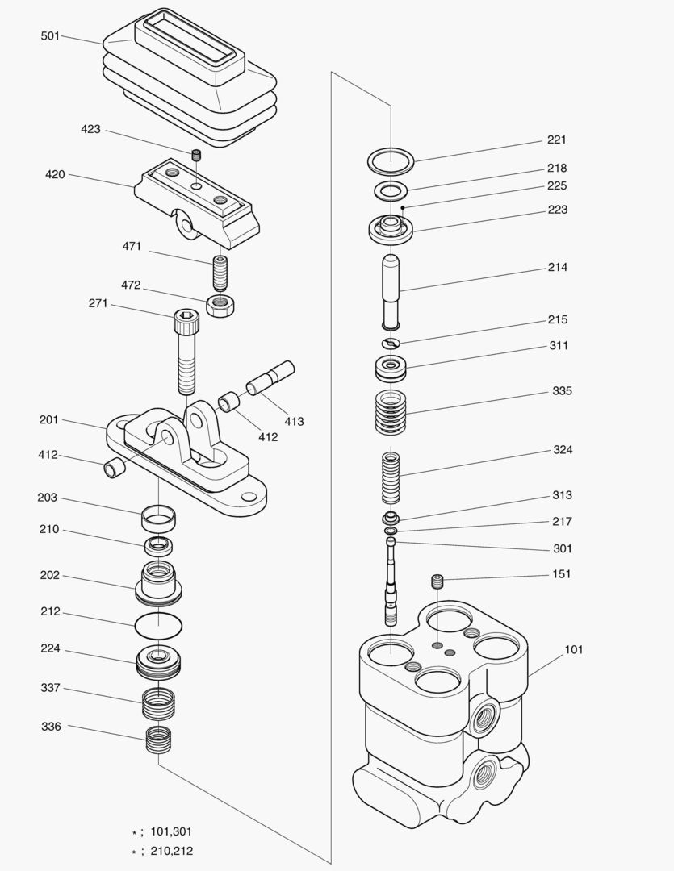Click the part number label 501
pyautogui.click(x=50, y=36)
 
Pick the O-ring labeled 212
pyautogui.click(x=158, y=623)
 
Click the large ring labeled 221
pyautogui.click(x=391, y=159)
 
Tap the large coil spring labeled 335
pyautogui.click(x=391, y=413)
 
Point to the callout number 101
pyautogui.click(x=574, y=649)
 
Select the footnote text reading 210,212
pyautogui.click(x=171, y=851)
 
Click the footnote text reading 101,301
pyautogui.click(x=171, y=831)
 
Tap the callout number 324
pyautogui.click(x=563, y=449)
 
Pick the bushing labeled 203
pyautogui.click(x=158, y=514)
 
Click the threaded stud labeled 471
pyautogui.click(x=220, y=273)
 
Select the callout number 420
pyautogui.click(x=55, y=174)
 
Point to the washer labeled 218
pyautogui.click(x=391, y=192)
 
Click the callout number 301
pyautogui.click(x=563, y=548)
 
